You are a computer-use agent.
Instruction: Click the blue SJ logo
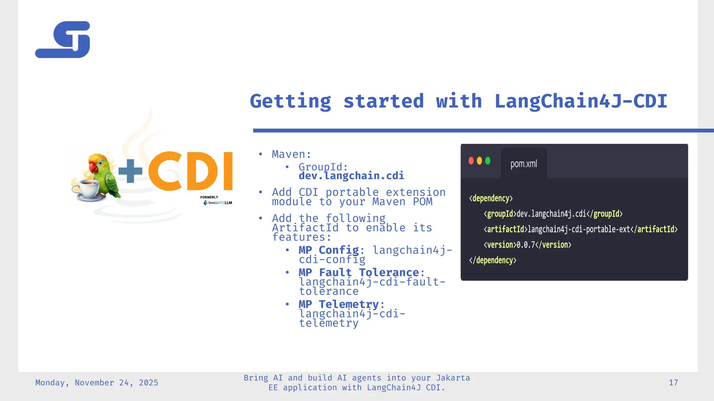63,40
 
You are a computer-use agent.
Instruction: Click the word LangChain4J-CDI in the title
580,101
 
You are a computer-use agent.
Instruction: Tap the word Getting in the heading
290,101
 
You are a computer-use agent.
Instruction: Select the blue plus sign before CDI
130,171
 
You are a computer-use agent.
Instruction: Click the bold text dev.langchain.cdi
351,176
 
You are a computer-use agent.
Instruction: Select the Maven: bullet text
291,154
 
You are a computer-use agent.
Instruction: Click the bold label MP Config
328,250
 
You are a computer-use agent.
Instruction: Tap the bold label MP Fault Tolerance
358,272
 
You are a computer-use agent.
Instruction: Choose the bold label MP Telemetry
338,304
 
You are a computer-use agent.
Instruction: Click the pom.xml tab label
523,164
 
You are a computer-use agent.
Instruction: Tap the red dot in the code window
471,161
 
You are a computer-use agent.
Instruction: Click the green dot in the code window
488,161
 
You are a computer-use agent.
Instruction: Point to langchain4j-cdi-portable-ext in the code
579,229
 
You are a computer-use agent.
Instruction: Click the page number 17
673,383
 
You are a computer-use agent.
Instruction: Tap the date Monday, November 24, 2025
97,383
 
